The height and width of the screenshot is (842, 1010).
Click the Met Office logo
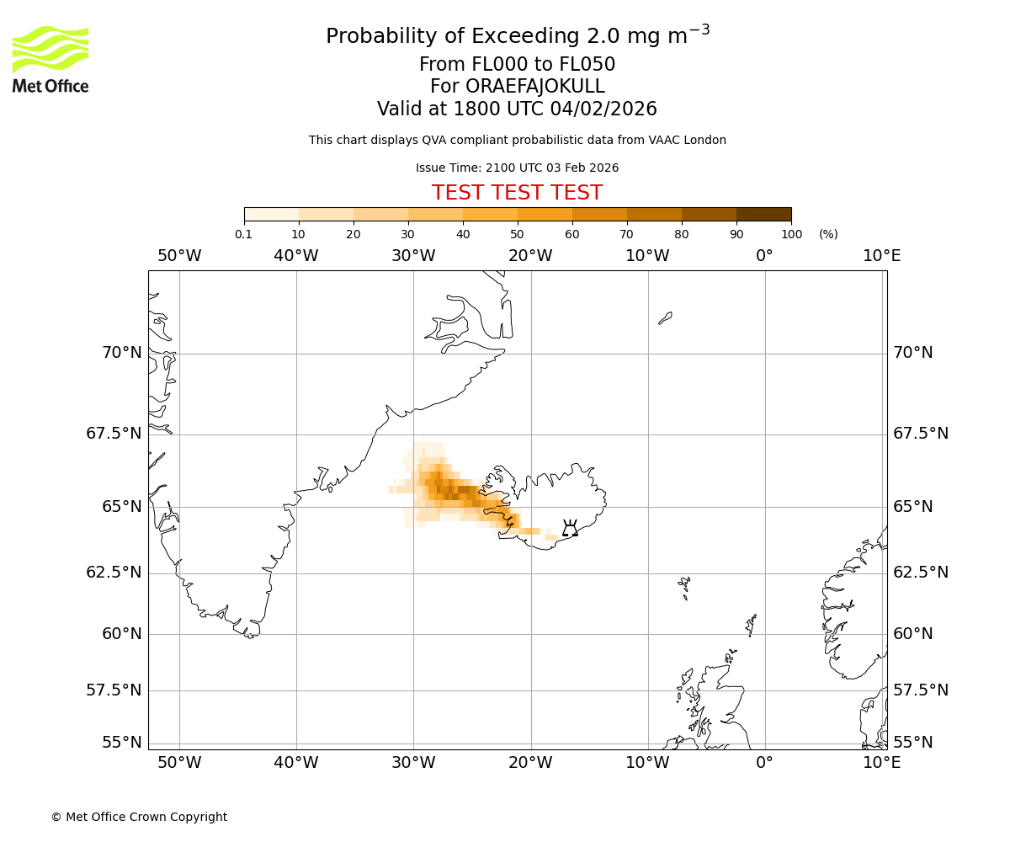click(50, 59)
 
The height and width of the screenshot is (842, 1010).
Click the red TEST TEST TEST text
click(517, 193)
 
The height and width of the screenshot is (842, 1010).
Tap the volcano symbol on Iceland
click(570, 529)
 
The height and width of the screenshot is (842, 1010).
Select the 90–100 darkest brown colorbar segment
click(763, 214)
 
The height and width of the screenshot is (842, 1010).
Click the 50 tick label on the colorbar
click(517, 234)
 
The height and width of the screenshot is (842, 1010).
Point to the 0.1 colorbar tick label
click(244, 234)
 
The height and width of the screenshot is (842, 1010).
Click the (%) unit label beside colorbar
click(828, 234)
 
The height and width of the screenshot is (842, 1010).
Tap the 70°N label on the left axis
click(122, 353)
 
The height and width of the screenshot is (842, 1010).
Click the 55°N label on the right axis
click(913, 743)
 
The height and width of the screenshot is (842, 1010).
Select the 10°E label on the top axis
click(881, 256)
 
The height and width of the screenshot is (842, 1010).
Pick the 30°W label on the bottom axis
click(413, 763)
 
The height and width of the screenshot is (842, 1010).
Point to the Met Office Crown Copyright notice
click(139, 817)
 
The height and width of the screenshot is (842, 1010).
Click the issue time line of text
click(517, 168)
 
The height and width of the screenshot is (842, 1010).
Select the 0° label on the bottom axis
click(764, 763)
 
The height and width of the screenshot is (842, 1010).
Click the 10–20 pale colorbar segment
click(326, 214)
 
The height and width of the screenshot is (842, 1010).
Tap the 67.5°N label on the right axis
click(921, 434)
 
